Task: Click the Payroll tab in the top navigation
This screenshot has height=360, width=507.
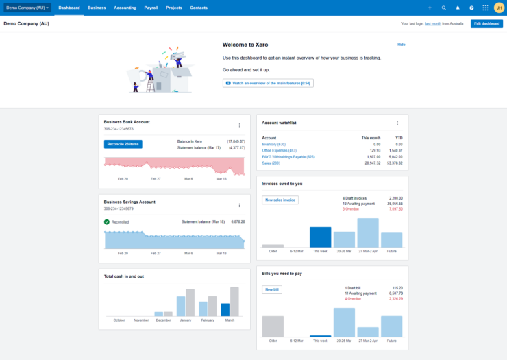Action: [x=151, y=8]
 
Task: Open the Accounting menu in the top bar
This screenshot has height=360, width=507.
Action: [x=125, y=8]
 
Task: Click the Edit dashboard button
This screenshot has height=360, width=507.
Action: [x=486, y=23]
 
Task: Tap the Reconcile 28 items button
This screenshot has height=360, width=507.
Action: [x=123, y=144]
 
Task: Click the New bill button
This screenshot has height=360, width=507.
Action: [x=272, y=289]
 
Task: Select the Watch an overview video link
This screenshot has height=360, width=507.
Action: [x=268, y=83]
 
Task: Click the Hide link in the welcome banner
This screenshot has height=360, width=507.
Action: [x=401, y=44]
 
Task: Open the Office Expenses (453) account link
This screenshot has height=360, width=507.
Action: [x=279, y=150]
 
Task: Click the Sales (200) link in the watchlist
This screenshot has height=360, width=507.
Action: [x=271, y=163]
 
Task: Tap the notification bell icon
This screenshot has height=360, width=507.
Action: [x=458, y=8]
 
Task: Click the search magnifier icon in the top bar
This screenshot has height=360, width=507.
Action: [x=444, y=8]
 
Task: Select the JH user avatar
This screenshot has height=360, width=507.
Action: [x=498, y=8]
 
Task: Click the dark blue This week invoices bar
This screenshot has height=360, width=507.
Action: [x=320, y=237]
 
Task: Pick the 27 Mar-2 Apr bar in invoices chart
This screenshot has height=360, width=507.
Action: [x=368, y=232]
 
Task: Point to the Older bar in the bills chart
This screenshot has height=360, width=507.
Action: [x=273, y=326]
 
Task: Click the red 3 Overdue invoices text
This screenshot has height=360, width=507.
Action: [x=353, y=209]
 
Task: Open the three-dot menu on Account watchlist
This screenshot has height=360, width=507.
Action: [x=397, y=123]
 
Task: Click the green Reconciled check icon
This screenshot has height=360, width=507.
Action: [x=107, y=222]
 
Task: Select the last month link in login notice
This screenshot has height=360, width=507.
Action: [x=432, y=23]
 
